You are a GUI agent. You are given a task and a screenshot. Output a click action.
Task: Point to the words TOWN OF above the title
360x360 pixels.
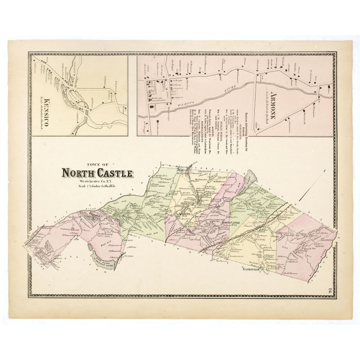click(x=96, y=165)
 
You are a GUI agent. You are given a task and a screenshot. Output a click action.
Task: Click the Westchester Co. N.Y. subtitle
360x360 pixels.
click(x=95, y=180)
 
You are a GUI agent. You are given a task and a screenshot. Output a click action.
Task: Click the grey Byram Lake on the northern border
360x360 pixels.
click(x=251, y=179)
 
